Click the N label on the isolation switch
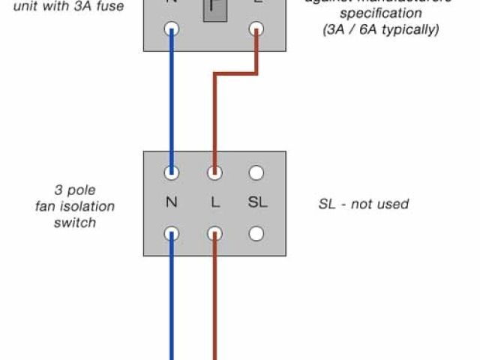point(172,203)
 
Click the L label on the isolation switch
point(214,203)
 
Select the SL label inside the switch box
point(256,203)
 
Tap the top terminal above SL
point(256,173)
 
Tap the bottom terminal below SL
point(256,233)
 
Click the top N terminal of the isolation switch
point(172,173)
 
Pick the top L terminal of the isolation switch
point(214,173)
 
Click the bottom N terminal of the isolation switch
point(172,233)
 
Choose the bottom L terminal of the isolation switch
point(214,233)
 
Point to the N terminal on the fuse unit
point(172,29)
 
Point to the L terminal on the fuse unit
point(256,29)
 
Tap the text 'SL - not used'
point(364,204)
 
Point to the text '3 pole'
point(75,190)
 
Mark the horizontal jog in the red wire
point(235,74)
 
